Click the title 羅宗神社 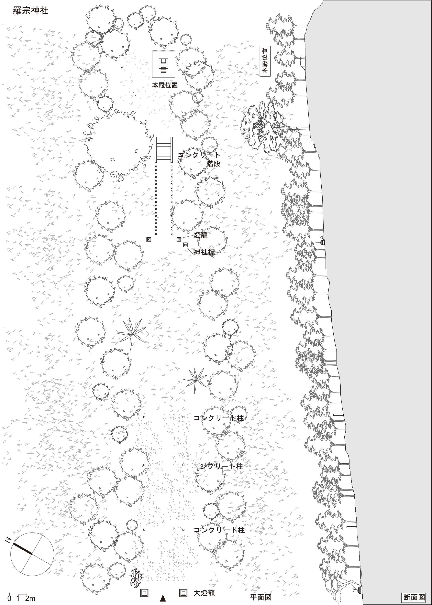(31, 11)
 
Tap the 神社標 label (204, 252)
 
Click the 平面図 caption (261, 597)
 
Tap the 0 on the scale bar (10, 599)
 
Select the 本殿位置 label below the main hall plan (165, 85)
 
